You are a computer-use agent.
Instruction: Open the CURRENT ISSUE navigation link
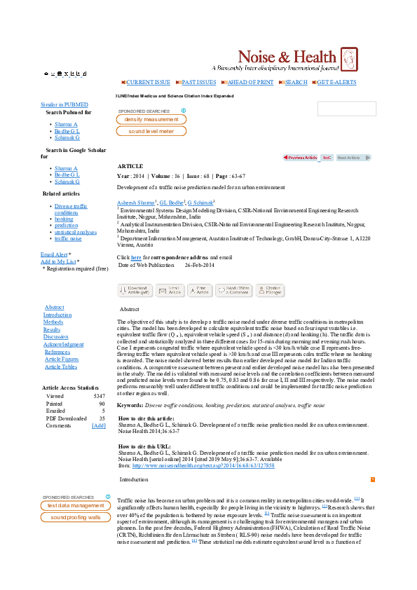(x=147, y=82)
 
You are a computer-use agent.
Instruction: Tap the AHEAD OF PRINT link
(x=247, y=82)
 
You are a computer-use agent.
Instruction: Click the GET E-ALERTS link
(x=336, y=82)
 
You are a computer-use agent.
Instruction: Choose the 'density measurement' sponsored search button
(x=151, y=120)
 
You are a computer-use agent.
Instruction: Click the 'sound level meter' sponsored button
(x=151, y=131)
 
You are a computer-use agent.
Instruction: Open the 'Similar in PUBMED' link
(x=60, y=104)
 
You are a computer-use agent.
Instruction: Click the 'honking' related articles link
(x=63, y=219)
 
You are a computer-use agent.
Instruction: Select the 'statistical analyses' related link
(x=75, y=232)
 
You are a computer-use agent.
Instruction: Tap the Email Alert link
(x=54, y=254)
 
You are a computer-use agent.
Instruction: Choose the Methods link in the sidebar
(x=53, y=322)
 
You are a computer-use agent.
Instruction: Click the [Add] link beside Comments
(x=99, y=425)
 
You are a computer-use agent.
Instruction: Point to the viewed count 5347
(x=99, y=396)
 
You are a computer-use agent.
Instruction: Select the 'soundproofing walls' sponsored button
(x=75, y=517)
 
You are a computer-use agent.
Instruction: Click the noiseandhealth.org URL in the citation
(x=221, y=465)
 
